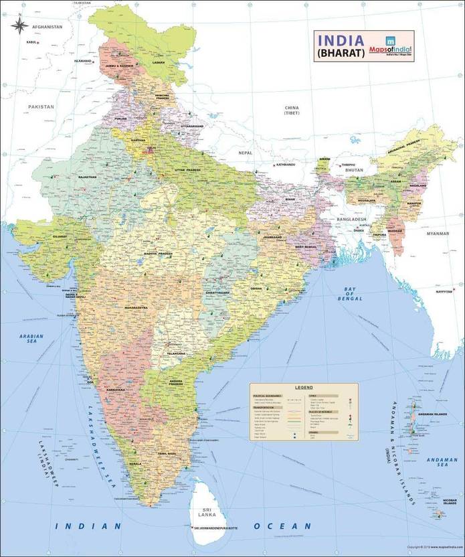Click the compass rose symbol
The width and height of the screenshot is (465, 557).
coord(19,26)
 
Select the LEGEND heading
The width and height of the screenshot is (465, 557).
coord(304,388)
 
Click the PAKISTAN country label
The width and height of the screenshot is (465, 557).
coord(41,106)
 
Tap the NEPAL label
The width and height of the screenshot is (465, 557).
coord(246,153)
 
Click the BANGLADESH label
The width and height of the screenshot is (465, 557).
coord(352,220)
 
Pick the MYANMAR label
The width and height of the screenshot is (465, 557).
coord(438,233)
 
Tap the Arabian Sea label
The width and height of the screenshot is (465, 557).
coord(31,339)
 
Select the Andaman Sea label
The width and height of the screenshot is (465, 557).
coord(443,463)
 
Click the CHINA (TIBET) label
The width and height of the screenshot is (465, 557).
coord(292,110)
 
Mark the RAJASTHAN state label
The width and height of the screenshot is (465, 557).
coord(88,177)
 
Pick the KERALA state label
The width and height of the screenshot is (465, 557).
coord(136,463)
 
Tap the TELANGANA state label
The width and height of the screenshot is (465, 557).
coord(176,353)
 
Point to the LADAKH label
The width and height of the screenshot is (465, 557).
coord(158,62)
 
